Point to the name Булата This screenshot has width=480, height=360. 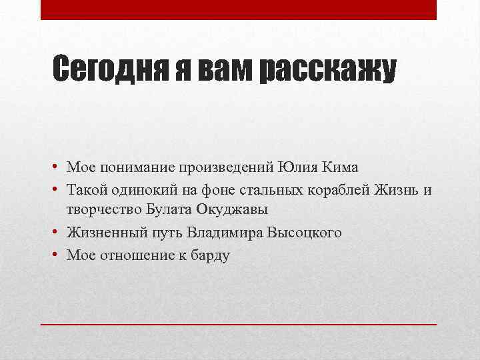[169, 210]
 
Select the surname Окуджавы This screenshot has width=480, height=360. [232, 211]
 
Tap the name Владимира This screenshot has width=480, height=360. [225, 233]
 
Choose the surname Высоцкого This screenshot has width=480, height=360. [304, 233]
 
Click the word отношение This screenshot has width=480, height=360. [137, 255]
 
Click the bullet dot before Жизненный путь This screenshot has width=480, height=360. [58, 233]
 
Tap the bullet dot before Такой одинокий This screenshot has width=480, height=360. [58, 190]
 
